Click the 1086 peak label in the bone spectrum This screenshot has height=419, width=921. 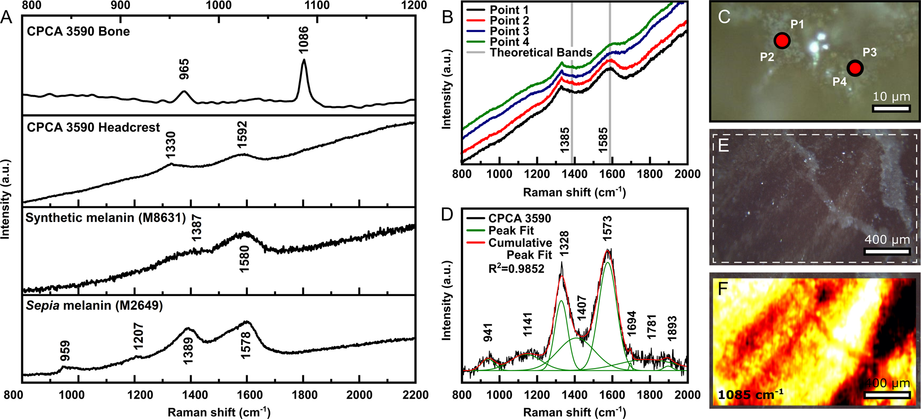pos(304,40)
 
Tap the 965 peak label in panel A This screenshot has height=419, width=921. pos(184,69)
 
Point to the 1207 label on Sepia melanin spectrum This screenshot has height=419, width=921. pos(138,336)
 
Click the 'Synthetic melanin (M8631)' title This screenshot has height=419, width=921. pos(106,218)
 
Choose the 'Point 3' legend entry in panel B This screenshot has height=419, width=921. pos(509,32)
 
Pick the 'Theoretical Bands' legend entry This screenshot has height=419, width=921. pos(541,52)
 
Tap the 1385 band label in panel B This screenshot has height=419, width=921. pos(565,140)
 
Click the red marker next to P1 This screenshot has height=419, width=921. pos(782,41)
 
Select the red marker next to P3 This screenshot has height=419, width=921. pos(855,68)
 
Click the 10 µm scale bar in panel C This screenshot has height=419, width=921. pos(891,108)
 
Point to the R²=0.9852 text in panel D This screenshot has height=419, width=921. pos(516,268)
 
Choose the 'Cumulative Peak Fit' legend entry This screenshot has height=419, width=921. pos(520,248)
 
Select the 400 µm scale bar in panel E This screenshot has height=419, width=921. pos(887,251)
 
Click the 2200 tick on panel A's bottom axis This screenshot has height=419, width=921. pos(415,395)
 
